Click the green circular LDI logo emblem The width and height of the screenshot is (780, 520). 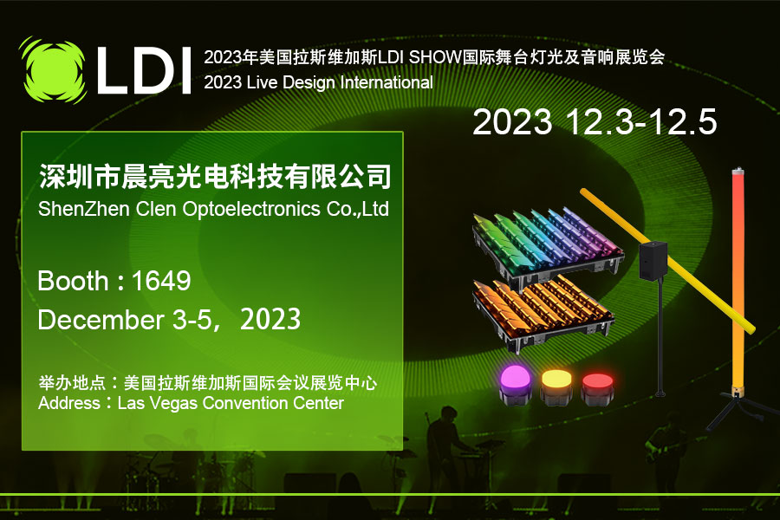click(x=54, y=70)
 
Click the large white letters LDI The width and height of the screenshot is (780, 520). click(x=144, y=71)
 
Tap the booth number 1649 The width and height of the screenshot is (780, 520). click(x=161, y=281)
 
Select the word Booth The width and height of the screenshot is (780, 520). click(x=73, y=281)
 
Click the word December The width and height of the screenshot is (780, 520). click(x=101, y=320)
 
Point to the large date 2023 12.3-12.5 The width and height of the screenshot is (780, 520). click(x=595, y=121)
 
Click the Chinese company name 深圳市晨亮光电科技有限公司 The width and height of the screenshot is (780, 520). click(x=215, y=176)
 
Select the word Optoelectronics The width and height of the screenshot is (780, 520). click(x=251, y=210)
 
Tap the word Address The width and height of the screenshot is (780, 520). click(x=69, y=402)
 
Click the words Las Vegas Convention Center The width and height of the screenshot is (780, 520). click(x=231, y=402)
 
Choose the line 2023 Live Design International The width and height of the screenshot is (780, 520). click(x=318, y=82)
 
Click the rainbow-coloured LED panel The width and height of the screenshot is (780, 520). click(x=548, y=247)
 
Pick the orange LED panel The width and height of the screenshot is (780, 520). click(x=543, y=311)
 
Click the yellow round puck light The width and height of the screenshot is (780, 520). click(x=557, y=387)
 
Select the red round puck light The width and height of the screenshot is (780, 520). click(x=597, y=388)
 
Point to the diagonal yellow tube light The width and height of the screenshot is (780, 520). click(x=667, y=259)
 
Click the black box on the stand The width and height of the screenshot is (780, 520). click(x=653, y=260)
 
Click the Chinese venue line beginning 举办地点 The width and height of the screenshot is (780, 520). click(x=207, y=383)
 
